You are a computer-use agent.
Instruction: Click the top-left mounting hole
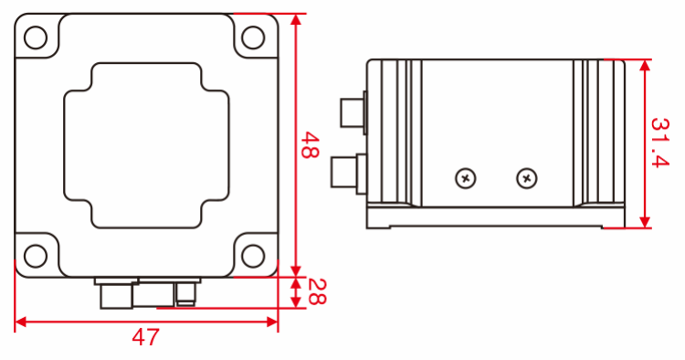35,37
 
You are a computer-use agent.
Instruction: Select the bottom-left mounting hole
35,253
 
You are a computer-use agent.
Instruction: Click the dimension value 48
310,145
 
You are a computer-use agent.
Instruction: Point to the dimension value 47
145,337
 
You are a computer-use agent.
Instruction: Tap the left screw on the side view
466,178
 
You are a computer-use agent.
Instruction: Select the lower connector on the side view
346,173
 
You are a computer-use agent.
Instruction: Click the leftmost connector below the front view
114,294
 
